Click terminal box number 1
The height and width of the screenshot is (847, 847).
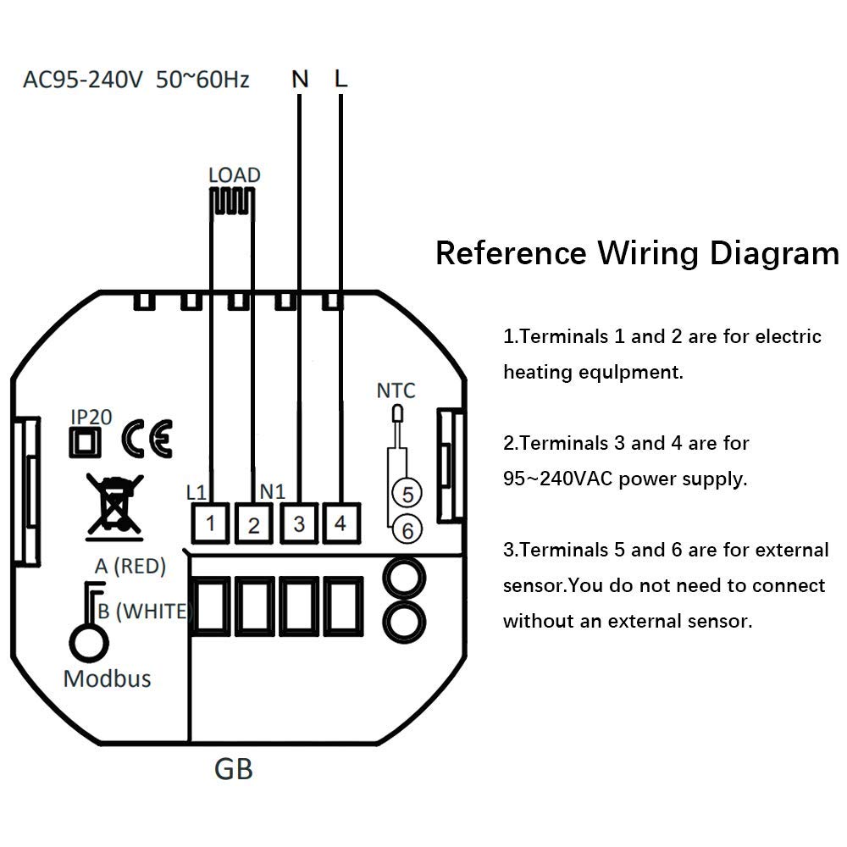[211, 523]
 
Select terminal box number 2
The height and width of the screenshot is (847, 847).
[254, 523]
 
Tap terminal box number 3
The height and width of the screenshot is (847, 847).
[299, 523]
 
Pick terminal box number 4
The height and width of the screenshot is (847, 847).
[341, 523]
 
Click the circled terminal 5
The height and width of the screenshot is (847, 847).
[407, 494]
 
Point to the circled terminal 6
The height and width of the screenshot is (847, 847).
[407, 530]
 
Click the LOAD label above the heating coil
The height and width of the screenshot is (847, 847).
[235, 175]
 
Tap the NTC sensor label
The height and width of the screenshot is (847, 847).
[396, 390]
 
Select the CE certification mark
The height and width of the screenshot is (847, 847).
[147, 439]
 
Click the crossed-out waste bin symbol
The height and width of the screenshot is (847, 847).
[115, 507]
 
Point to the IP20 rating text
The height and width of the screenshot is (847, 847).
[91, 417]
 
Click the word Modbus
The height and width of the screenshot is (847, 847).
[107, 679]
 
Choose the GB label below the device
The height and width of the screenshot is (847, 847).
[234, 769]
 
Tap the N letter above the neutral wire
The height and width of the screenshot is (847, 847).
[300, 80]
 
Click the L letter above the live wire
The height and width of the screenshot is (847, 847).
[340, 79]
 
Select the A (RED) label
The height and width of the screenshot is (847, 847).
[130, 566]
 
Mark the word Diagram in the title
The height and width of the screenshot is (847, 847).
[774, 254]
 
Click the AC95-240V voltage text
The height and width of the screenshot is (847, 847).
[83, 80]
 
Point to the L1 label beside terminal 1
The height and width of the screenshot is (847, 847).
[197, 493]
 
